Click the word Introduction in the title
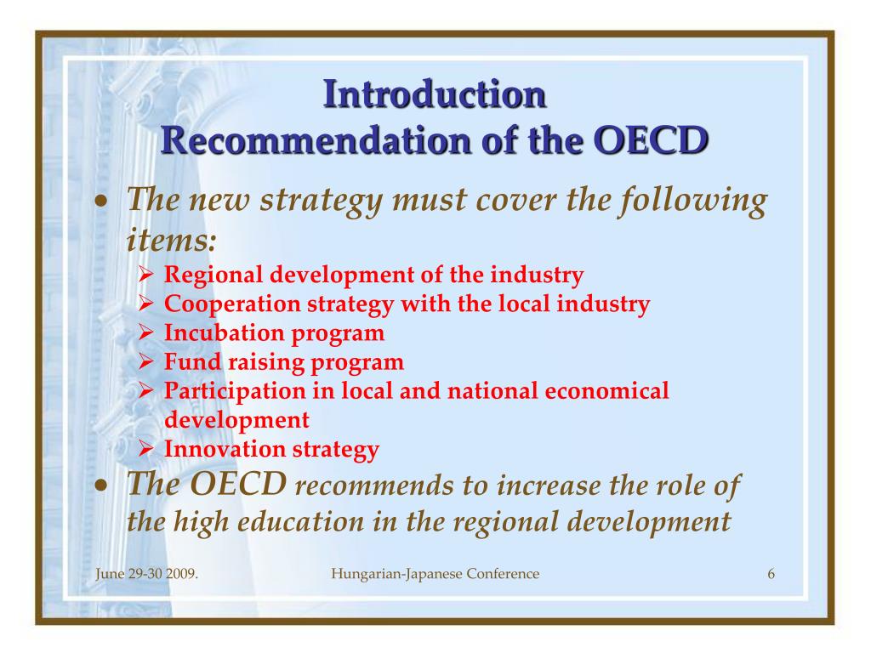tap(435, 94)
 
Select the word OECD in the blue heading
tap(651, 140)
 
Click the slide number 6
tap(771, 574)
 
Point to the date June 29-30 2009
tap(146, 574)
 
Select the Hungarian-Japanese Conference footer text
tap(435, 574)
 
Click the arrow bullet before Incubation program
tap(145, 332)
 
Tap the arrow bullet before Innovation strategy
tap(145, 449)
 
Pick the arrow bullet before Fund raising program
tap(145, 361)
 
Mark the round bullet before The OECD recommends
tap(100, 485)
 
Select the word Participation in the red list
tap(235, 391)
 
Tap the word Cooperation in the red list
tap(232, 304)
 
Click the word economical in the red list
tap(606, 390)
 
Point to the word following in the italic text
tap(694, 200)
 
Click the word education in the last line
tap(300, 521)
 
